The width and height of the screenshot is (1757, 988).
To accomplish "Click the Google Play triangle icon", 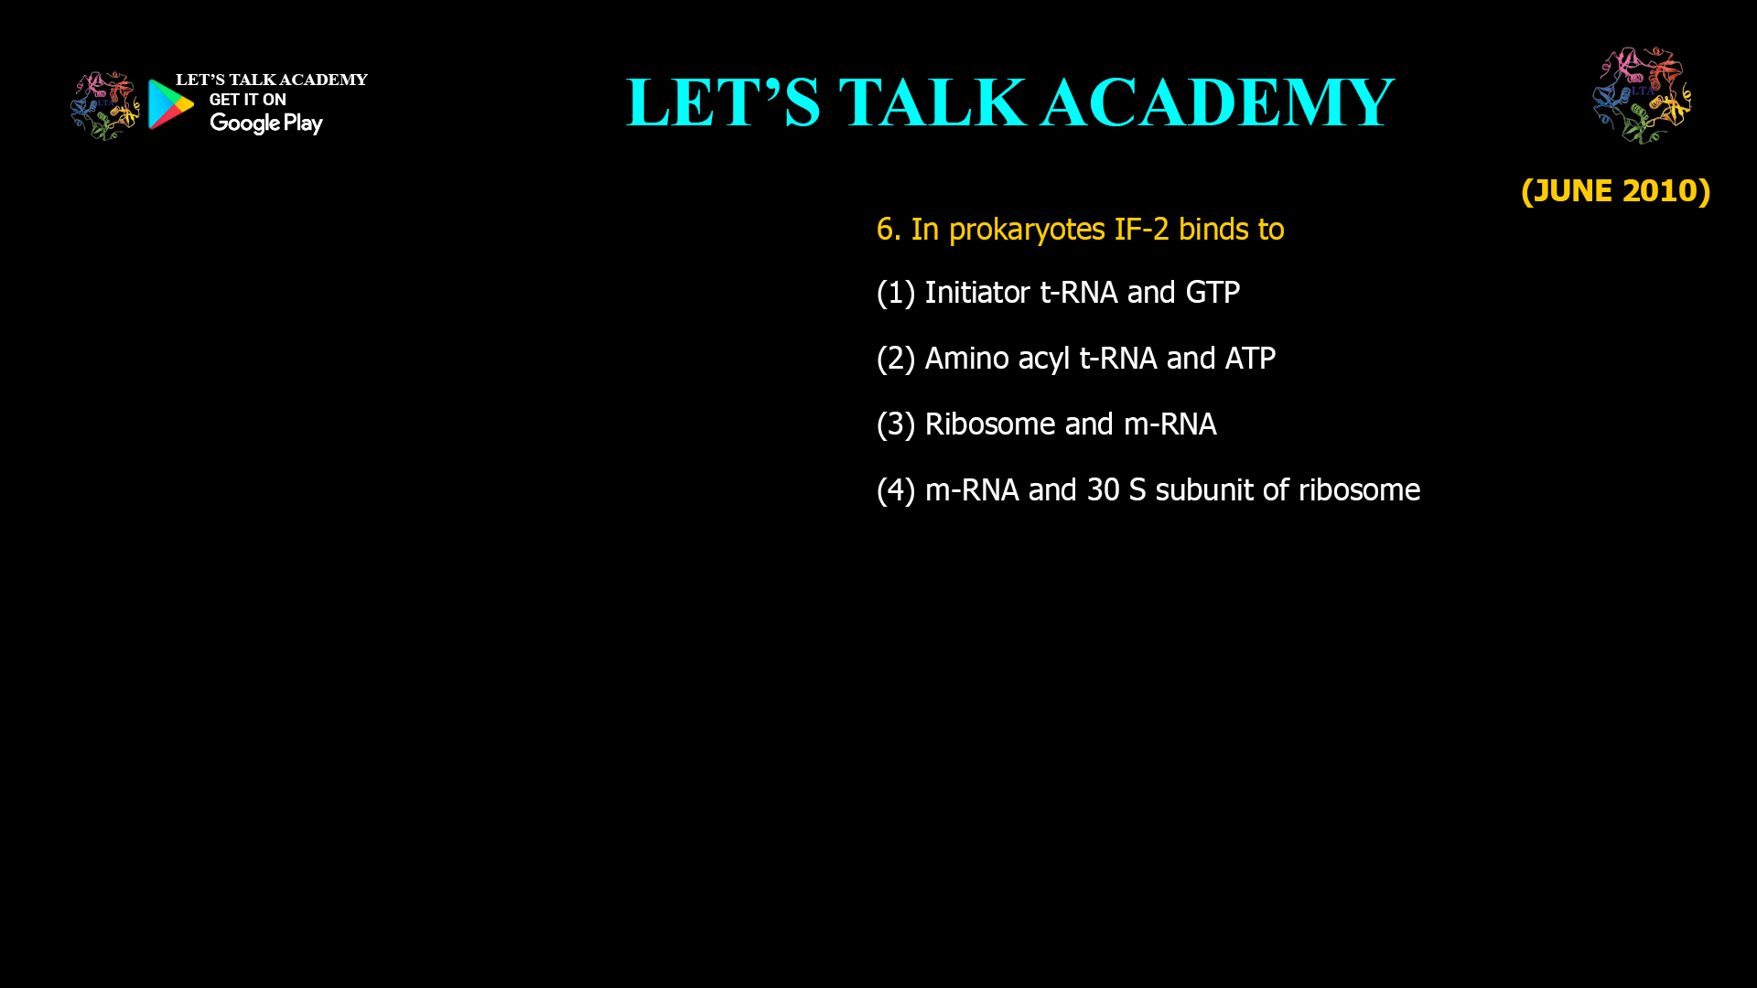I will (x=170, y=104).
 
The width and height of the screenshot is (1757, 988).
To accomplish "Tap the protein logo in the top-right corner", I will (x=1642, y=95).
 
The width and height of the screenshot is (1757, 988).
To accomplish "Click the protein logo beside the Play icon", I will (x=104, y=105).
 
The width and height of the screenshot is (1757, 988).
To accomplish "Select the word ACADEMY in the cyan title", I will (x=1217, y=102).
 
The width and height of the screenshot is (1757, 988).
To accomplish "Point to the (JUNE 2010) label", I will (x=1615, y=190).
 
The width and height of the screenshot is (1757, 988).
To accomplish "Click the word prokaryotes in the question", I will (x=1027, y=230).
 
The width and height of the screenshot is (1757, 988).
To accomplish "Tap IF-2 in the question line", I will (x=1141, y=229).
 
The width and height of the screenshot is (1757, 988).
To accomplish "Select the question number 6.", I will (x=887, y=229).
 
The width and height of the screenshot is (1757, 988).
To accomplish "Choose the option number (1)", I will (x=896, y=293).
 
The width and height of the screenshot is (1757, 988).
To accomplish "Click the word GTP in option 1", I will (x=1213, y=293).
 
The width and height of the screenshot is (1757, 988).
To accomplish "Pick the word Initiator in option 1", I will (x=977, y=293).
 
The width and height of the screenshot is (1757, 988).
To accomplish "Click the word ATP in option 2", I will (x=1250, y=359).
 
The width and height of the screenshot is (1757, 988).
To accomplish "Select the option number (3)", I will (x=896, y=424).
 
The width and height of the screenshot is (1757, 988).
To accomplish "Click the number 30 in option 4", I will (x=1103, y=490).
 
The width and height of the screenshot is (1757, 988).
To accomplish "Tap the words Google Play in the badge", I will (x=265, y=123).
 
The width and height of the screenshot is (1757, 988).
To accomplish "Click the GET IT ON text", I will (x=247, y=100).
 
